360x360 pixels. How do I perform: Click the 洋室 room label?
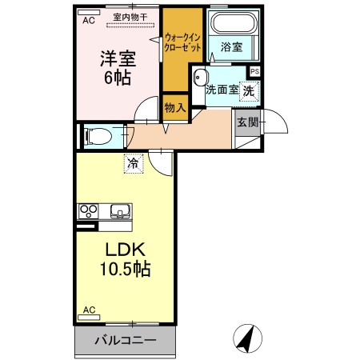[117, 59]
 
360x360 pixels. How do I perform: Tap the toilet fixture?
[98, 136]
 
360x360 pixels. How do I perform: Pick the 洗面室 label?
[222, 90]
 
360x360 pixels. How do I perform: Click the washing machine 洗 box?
[250, 90]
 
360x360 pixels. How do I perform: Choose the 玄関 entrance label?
[246, 122]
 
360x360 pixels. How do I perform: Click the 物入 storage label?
[174, 106]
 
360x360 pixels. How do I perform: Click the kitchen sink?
[120, 212]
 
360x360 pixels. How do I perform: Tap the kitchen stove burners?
[87, 212]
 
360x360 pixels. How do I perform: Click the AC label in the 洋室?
[90, 21]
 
